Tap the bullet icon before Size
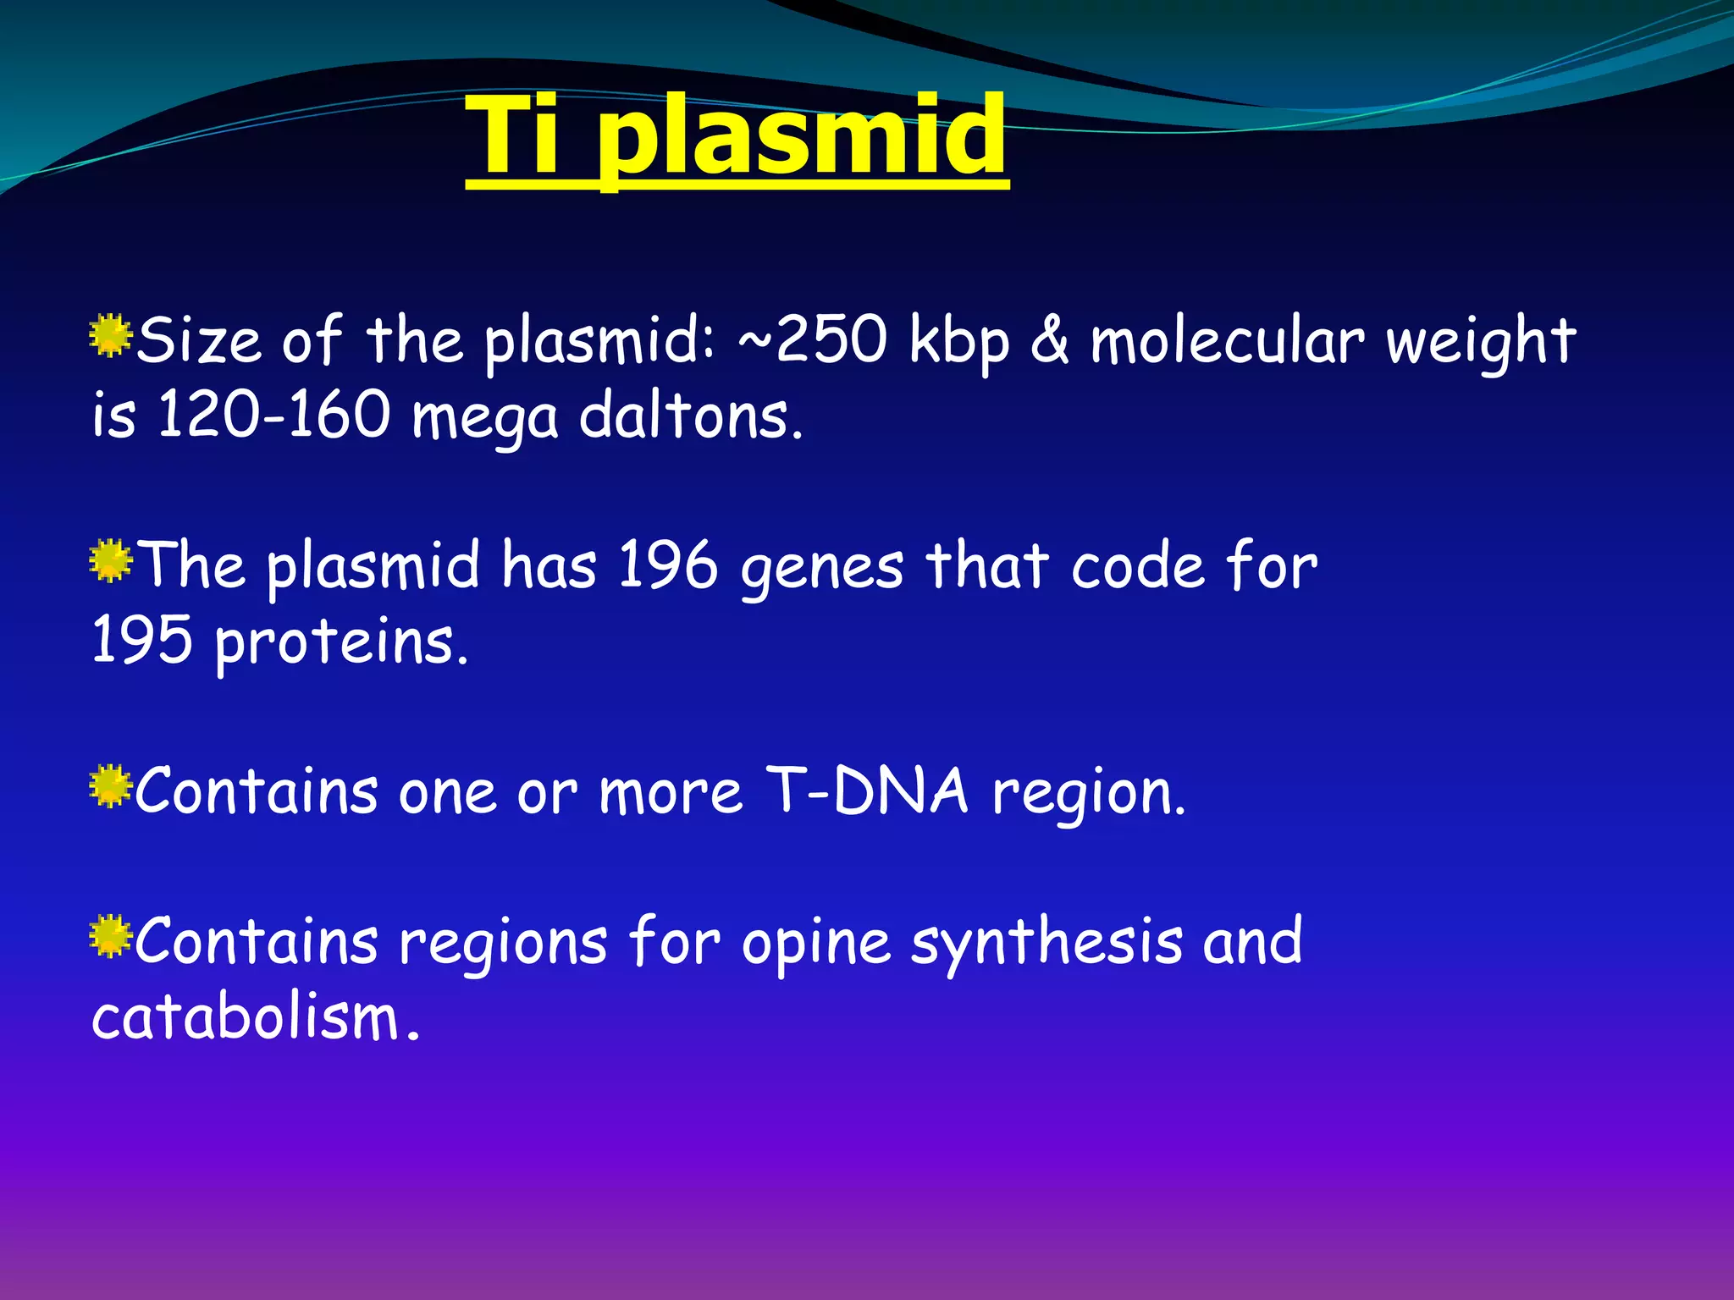pos(110,336)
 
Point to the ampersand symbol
pos(1050,339)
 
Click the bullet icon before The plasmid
pos(110,562)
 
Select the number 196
pos(668,565)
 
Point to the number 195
pos(141,640)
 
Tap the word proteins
pos(340,644)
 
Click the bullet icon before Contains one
pos(110,787)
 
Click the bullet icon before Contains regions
pos(110,937)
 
